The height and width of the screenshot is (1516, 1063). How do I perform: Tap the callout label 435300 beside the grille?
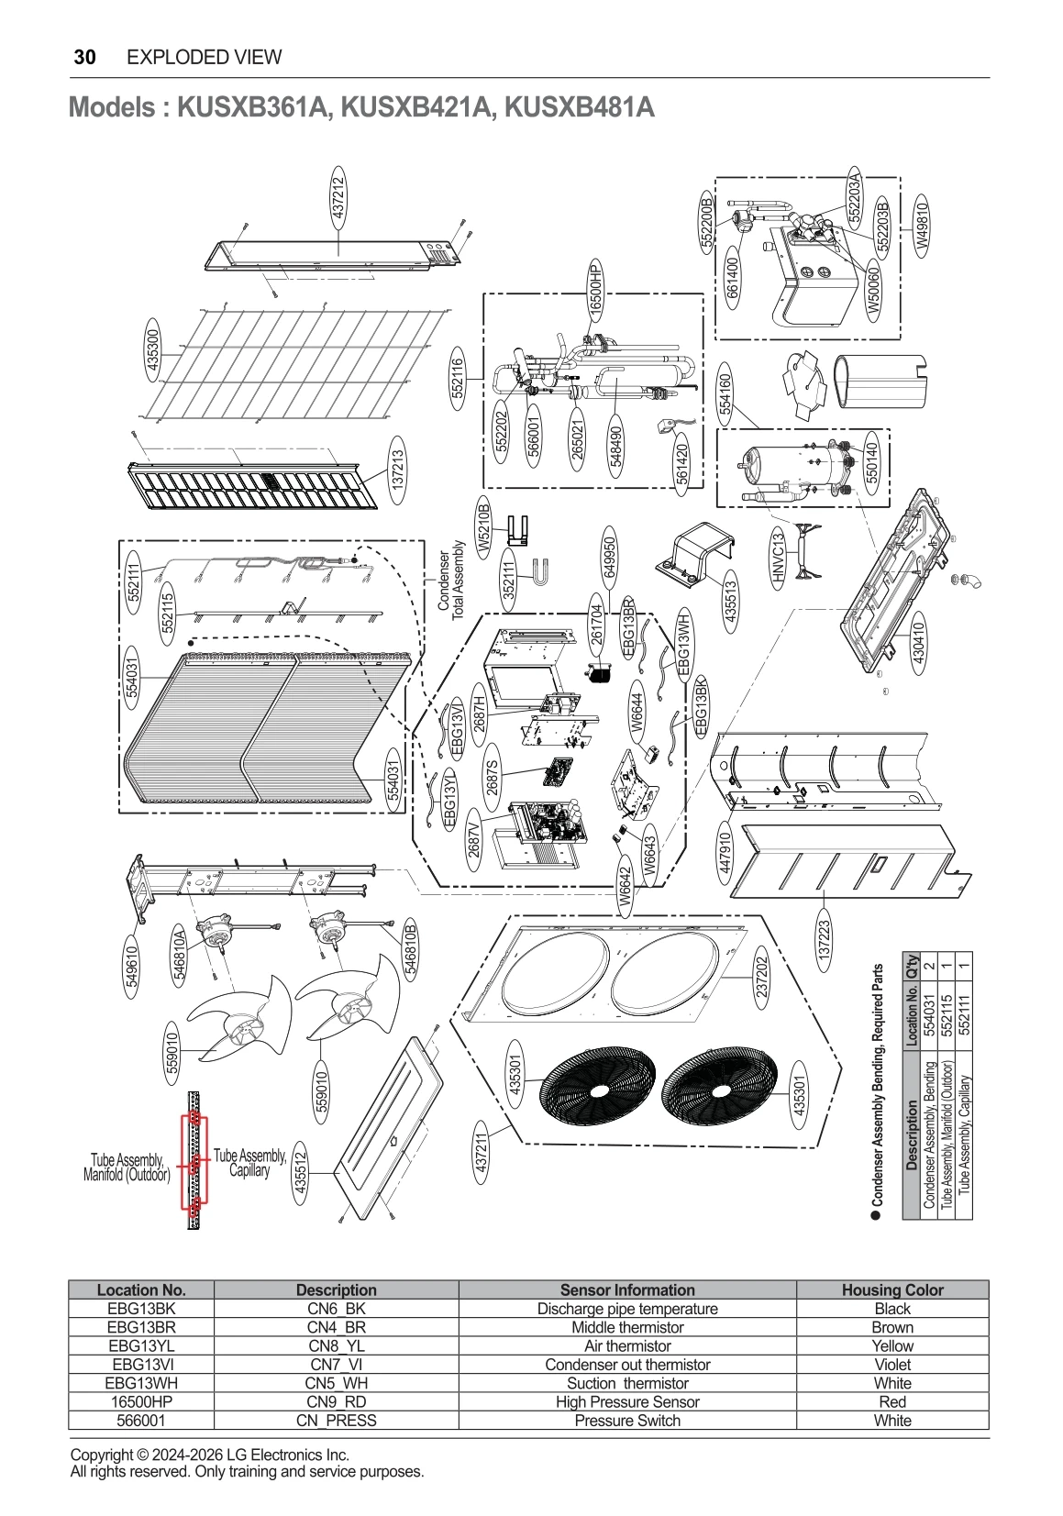[x=152, y=348]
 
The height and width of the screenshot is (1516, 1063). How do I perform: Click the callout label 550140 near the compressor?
[x=872, y=462]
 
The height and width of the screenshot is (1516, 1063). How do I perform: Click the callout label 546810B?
[x=411, y=950]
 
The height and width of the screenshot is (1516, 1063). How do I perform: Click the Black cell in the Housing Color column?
[x=891, y=1309]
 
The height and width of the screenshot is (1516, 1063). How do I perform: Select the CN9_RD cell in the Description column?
[x=336, y=1401]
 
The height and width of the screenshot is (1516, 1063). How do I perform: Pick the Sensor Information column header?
[x=627, y=1289]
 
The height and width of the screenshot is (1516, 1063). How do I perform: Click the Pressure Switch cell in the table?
[x=627, y=1420]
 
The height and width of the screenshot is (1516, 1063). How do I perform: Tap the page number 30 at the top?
[x=84, y=57]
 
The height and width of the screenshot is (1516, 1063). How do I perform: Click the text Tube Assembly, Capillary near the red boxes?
[x=249, y=1162]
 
